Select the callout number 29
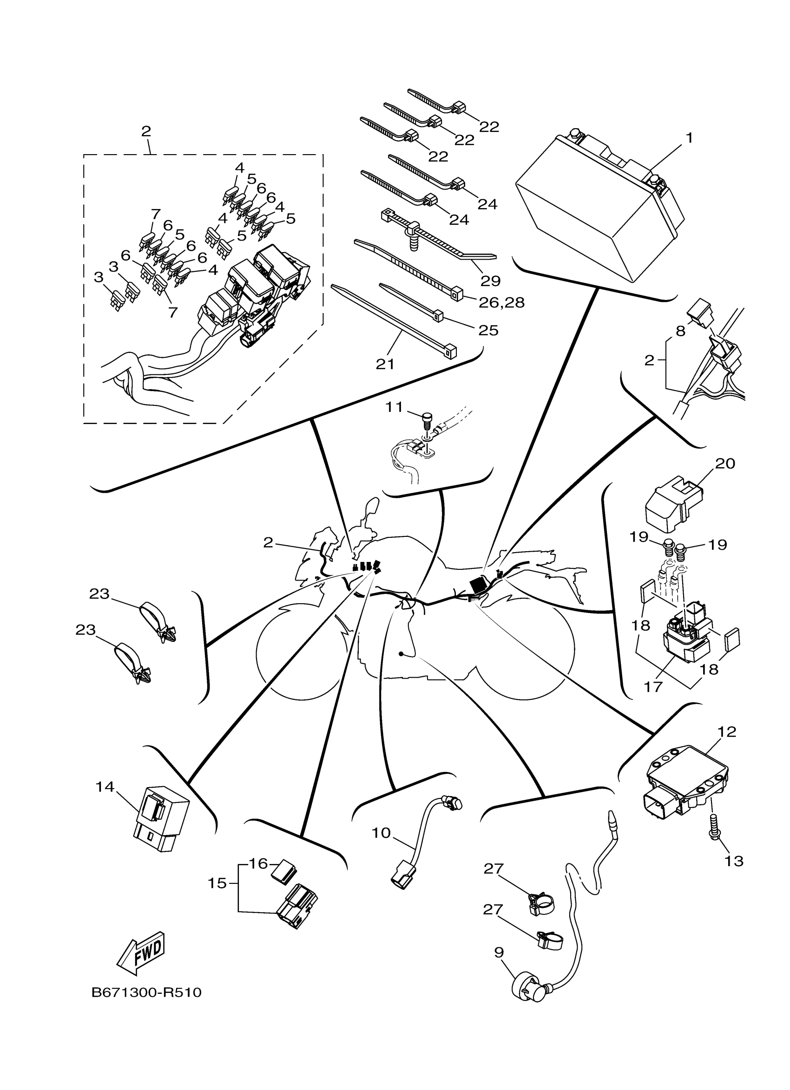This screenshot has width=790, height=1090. coord(490,280)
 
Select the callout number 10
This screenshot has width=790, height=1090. coord(382,833)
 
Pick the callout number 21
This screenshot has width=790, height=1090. coord(385,364)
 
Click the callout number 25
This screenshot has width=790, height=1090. coord(488,331)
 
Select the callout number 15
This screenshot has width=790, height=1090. coord(217,883)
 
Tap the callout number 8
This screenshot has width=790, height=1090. coord(680,331)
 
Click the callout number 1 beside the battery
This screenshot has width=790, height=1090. coord(689,138)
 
